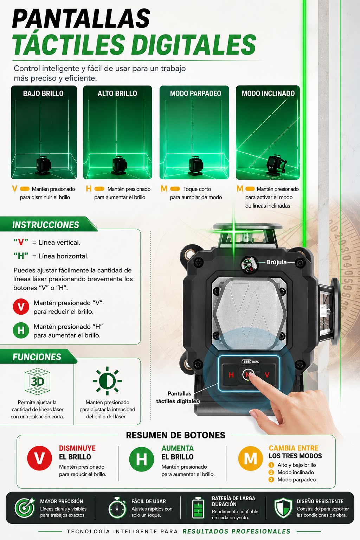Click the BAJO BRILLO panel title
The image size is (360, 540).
click(x=43, y=93)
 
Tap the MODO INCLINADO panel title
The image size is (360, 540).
click(x=268, y=93)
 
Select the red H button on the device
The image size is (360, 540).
click(x=231, y=375)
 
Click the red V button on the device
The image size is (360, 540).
click(x=267, y=375)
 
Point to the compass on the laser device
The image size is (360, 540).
click(x=249, y=264)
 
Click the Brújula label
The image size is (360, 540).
click(x=276, y=262)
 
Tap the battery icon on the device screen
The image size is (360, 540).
click(x=246, y=362)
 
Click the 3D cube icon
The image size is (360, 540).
click(x=37, y=381)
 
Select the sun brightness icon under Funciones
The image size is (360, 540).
click(x=107, y=381)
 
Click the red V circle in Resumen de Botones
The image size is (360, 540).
click(x=39, y=458)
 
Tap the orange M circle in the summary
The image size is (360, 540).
click(x=251, y=458)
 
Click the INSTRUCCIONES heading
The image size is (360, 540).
click(x=46, y=225)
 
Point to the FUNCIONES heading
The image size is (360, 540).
click(x=37, y=357)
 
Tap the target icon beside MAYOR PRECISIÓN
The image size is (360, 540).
click(x=25, y=508)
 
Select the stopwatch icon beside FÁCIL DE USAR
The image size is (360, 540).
click(x=117, y=508)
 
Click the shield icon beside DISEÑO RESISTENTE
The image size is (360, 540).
click(x=283, y=508)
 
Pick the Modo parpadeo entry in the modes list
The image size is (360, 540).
click(x=297, y=480)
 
